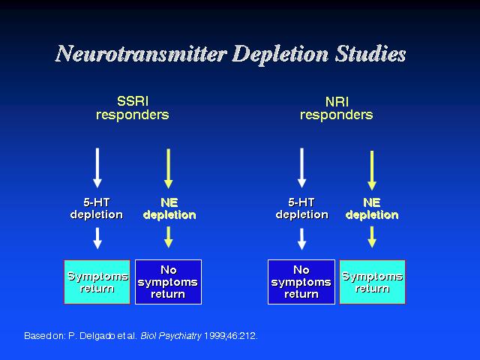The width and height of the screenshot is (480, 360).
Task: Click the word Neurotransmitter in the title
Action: click(x=142, y=54)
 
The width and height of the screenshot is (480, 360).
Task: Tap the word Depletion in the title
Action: click(x=280, y=55)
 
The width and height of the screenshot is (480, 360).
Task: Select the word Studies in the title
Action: click(x=370, y=54)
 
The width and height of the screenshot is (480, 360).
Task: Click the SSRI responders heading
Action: click(x=133, y=108)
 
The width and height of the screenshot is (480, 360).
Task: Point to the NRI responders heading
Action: click(x=337, y=108)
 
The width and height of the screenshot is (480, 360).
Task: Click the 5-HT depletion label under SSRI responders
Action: click(x=97, y=208)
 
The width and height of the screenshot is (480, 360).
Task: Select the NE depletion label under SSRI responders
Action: click(x=169, y=208)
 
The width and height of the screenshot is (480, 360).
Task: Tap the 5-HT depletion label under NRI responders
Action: click(x=301, y=208)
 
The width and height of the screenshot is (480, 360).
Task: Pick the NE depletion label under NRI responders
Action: click(x=372, y=208)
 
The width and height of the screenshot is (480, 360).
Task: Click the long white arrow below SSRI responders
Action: click(x=97, y=168)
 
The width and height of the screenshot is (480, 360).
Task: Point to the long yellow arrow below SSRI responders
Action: click(x=168, y=169)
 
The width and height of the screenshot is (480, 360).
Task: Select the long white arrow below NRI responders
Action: click(x=301, y=168)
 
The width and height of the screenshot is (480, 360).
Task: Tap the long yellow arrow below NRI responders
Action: click(x=372, y=170)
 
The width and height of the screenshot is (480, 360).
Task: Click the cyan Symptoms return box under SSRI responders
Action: click(x=97, y=282)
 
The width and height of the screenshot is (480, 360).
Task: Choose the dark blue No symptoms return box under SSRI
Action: click(x=168, y=282)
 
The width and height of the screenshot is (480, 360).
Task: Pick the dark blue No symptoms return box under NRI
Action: click(x=301, y=282)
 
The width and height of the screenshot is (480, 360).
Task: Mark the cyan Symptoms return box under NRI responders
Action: click(x=373, y=282)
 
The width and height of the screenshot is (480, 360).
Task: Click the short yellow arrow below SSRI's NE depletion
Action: click(x=168, y=237)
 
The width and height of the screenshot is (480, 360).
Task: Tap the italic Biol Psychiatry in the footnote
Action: click(x=171, y=336)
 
